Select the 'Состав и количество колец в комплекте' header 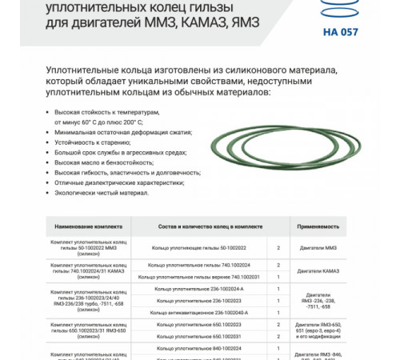coord(198,227)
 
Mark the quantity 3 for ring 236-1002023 coord(278,299)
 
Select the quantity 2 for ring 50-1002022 coord(278,248)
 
